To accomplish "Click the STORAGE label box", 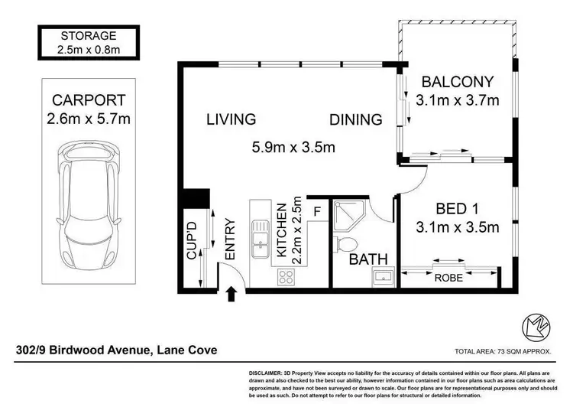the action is (x=89, y=42).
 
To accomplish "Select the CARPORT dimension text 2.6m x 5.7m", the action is (x=89, y=119).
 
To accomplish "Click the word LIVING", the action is (x=231, y=119).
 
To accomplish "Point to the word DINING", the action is (x=356, y=119).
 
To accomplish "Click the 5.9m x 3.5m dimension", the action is (x=293, y=147).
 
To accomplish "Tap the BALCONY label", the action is (x=458, y=82).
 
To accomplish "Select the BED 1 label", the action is (x=458, y=209).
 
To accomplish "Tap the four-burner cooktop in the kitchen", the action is (x=286, y=277).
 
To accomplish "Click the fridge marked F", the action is (x=317, y=211).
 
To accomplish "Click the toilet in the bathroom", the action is (x=345, y=244).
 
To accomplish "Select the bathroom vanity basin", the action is (x=384, y=277).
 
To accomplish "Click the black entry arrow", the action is (x=231, y=295).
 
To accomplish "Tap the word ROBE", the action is (x=448, y=278).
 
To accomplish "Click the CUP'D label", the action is (x=192, y=240).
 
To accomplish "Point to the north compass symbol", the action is (x=536, y=327).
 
